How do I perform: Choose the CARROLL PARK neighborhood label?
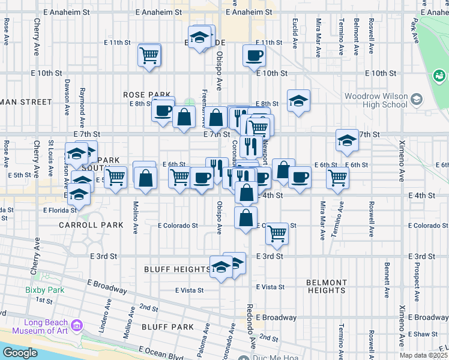click(x=91, y=225)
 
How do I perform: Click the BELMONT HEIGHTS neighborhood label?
click(x=326, y=286)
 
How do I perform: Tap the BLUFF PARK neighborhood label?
click(x=167, y=327)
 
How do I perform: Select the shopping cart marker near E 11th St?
click(x=149, y=56)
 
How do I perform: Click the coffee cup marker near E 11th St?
click(x=254, y=56)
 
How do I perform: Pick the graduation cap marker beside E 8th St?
click(x=298, y=101)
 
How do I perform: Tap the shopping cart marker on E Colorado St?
click(x=277, y=233)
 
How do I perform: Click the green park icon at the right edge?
click(x=439, y=76)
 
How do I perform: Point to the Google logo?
click(x=20, y=353)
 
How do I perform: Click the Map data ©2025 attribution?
click(x=423, y=355)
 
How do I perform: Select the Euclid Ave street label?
click(x=295, y=34)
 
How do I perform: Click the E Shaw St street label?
click(x=424, y=334)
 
